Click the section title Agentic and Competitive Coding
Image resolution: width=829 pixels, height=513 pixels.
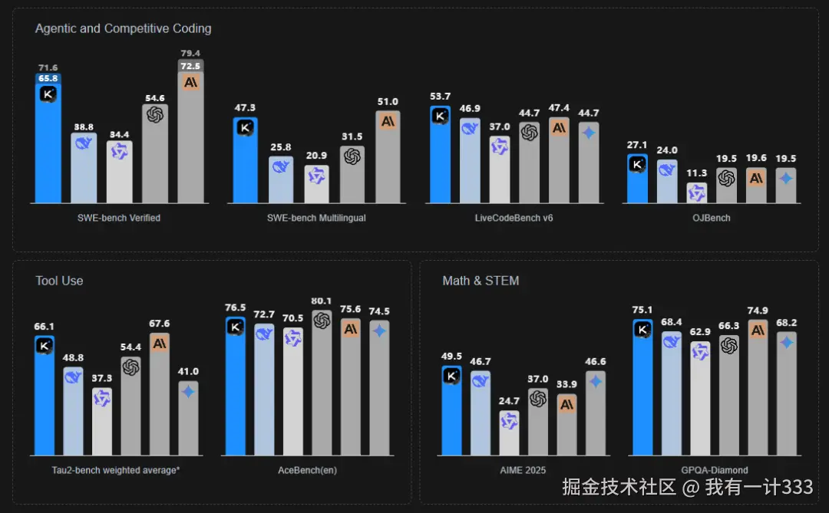pos(123,28)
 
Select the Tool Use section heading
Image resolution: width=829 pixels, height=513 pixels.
pos(59,281)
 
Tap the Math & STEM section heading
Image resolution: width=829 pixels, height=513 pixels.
pos(481,281)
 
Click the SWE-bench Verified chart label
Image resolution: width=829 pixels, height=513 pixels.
pos(119,218)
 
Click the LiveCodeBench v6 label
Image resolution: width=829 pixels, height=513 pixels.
pos(514,218)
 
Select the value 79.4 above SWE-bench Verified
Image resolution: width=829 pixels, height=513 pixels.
pos(190,53)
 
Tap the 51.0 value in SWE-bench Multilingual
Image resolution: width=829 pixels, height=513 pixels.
pos(388,101)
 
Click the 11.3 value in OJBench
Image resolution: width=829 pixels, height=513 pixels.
pos(696,173)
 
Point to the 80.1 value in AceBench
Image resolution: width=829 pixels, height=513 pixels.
pos(322,301)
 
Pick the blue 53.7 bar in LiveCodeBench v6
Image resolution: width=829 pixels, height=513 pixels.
pos(440,157)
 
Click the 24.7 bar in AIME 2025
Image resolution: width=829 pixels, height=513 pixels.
pos(509,434)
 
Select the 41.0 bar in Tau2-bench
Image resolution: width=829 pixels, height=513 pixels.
pos(189,419)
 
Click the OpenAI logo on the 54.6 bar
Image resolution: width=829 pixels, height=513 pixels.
pos(155,114)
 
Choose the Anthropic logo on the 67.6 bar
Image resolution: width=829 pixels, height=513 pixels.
pos(160,344)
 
